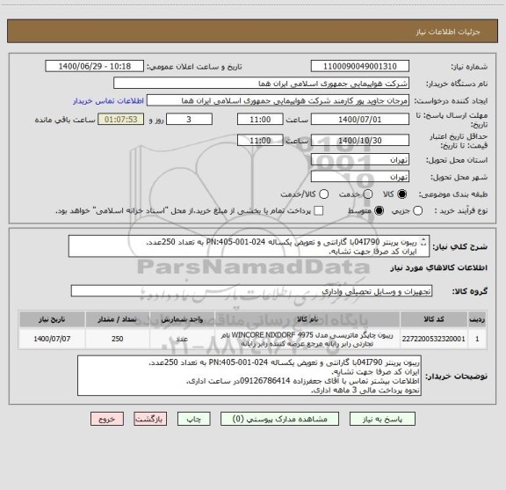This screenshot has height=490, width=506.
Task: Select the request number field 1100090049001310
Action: click(x=359, y=66)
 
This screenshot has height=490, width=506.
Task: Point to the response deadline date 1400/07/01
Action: click(x=359, y=120)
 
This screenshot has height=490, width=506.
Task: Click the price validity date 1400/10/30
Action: click(x=359, y=139)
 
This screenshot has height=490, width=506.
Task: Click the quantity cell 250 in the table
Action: click(x=117, y=338)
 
